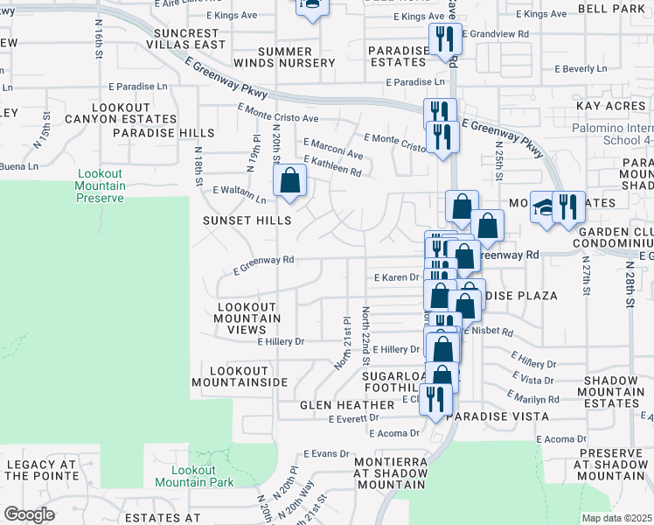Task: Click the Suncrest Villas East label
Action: pos(181,38)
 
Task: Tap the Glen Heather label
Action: pos(347,405)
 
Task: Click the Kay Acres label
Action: pos(610,105)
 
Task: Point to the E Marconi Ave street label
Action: pos(333,148)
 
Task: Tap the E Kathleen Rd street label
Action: pos(332,166)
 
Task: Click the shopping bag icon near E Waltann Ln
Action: pos(289,181)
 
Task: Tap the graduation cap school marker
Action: pos(544,207)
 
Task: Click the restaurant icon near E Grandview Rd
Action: pos(444,38)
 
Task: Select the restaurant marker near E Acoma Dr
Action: pos(435,398)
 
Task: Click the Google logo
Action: pos(29,514)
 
